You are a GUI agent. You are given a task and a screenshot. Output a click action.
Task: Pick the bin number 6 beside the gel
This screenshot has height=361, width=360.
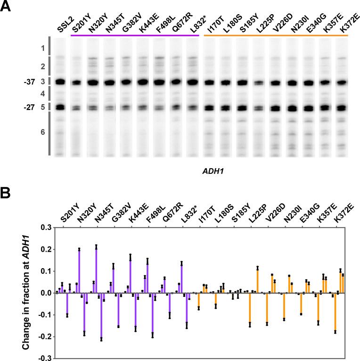coord(42,132)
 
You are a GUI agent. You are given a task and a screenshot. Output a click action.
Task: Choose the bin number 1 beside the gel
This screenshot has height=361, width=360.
coord(42,49)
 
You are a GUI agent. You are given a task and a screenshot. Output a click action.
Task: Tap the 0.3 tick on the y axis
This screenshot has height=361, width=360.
coord(45,227)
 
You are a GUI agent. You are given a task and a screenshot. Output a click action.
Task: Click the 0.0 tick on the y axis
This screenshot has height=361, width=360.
coord(45,293)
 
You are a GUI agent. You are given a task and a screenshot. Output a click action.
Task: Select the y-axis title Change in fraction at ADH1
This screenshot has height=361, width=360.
coord(27,292)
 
